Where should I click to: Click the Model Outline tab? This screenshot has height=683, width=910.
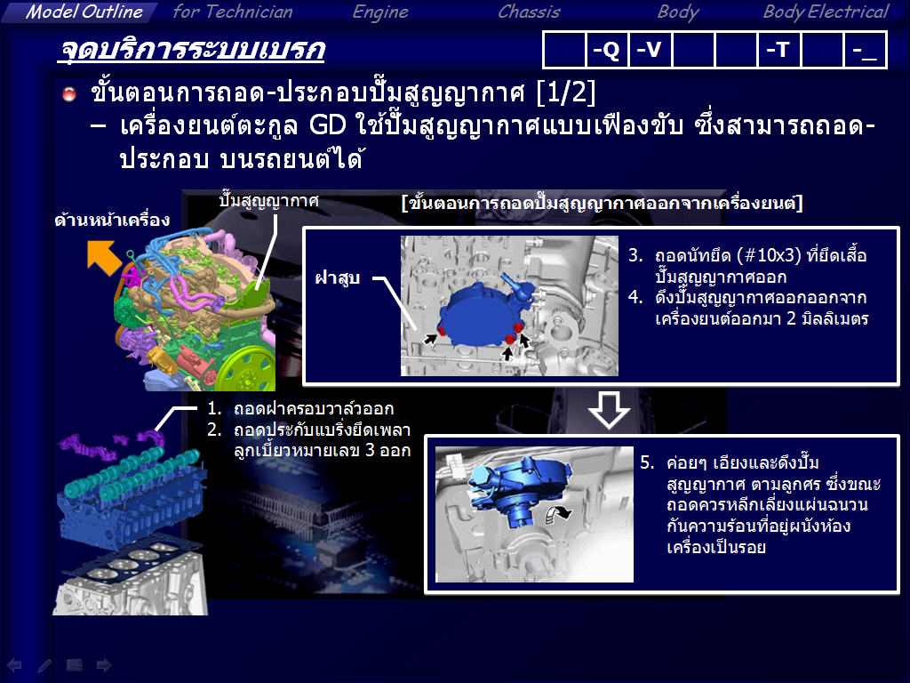84,12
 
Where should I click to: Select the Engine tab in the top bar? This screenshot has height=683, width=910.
380,12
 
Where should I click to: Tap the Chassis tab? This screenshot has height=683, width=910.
530,12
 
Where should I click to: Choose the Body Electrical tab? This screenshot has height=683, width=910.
826,12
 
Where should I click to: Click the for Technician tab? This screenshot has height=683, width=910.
233,12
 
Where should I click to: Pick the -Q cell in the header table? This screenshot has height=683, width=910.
606,50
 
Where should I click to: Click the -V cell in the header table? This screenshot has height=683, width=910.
650,50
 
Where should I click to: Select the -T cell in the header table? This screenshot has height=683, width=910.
778,50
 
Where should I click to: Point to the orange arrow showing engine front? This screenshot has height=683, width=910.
104,258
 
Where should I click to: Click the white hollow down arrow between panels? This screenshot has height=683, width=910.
609,410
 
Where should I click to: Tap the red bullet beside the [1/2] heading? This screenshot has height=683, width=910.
69,94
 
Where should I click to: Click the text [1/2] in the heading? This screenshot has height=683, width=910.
566,92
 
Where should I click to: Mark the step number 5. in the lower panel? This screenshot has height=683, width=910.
647,462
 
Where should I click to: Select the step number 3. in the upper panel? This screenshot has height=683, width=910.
635,255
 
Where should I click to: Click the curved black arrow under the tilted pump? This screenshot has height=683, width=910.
558,513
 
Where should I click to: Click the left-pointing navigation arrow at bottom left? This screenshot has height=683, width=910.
14,665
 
